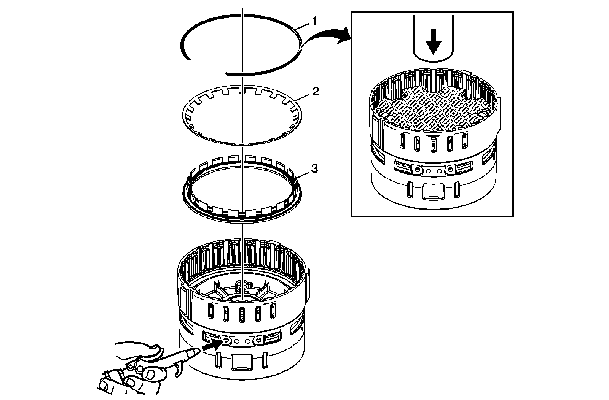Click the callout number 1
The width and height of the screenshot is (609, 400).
pyautogui.click(x=314, y=22)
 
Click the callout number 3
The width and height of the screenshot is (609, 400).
pyautogui.click(x=314, y=169)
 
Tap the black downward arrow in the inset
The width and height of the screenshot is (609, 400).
pyautogui.click(x=433, y=44)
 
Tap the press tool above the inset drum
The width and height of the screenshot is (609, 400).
pyautogui.click(x=433, y=38)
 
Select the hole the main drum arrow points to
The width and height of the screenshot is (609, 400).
pyautogui.click(x=227, y=341)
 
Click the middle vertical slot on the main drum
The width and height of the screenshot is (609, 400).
pyautogui.click(x=241, y=314)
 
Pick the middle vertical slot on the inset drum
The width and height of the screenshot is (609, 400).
pyautogui.click(x=433, y=144)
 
